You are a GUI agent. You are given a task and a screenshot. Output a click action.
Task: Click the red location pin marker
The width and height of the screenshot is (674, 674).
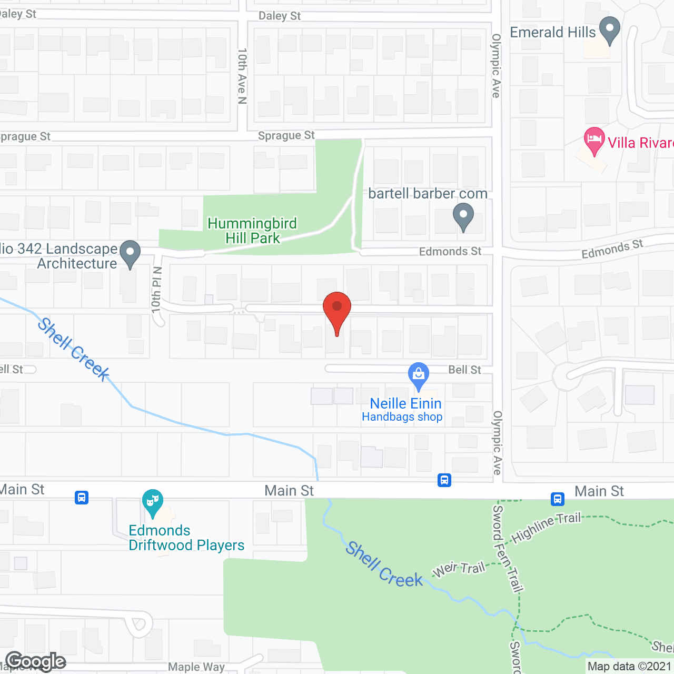(336, 308)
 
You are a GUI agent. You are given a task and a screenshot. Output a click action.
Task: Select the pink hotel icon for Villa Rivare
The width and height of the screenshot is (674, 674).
(594, 140)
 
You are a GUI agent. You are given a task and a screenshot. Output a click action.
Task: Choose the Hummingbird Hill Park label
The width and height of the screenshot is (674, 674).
(252, 231)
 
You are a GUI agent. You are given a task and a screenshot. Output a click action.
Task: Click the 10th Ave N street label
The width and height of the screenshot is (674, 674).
(242, 76)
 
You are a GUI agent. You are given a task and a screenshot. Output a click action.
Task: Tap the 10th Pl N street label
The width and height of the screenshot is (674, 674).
(156, 289)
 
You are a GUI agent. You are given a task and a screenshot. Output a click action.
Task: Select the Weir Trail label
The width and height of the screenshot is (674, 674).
(459, 569)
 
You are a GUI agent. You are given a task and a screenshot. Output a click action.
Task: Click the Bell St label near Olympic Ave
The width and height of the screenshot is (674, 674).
(464, 370)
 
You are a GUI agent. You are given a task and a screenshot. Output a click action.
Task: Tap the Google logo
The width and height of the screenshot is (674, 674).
(36, 661)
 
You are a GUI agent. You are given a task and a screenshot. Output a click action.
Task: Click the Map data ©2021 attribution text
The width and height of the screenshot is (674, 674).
(629, 666)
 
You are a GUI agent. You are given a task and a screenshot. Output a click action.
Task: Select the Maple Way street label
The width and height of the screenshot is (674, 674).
(196, 667)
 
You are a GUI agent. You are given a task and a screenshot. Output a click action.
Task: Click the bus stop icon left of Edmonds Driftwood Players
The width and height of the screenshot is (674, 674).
(82, 497)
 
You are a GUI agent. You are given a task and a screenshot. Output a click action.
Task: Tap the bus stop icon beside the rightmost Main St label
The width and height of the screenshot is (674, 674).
(558, 498)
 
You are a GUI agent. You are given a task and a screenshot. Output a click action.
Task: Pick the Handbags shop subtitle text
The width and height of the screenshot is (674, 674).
(402, 417)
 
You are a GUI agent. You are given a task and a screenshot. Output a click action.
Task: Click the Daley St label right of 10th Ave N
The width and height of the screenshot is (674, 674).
(280, 16)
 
